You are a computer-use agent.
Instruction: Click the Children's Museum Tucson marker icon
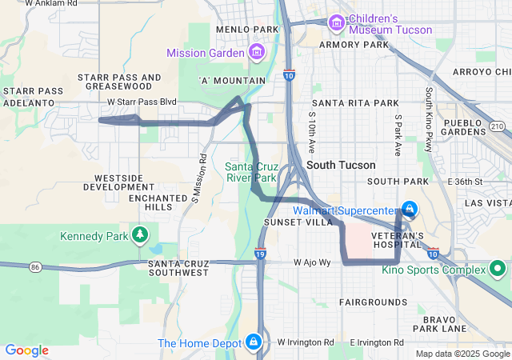click(336, 24)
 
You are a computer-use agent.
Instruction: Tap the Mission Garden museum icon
click(257, 53)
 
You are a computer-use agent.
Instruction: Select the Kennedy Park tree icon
click(141, 235)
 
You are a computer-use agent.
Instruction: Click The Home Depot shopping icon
click(254, 342)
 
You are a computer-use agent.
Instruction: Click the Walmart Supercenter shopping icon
click(409, 210)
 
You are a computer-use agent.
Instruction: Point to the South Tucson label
click(341, 165)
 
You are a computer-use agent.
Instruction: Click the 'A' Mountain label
click(232, 81)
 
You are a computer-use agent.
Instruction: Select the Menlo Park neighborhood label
click(247, 30)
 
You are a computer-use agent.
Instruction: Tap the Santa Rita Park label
click(355, 103)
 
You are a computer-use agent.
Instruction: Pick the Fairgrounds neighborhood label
click(373, 302)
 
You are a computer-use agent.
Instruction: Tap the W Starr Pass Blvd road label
click(142, 102)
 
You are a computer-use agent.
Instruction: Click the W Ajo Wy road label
click(312, 262)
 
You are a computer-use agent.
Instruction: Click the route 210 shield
click(497, 126)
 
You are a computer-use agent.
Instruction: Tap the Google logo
click(26, 350)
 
